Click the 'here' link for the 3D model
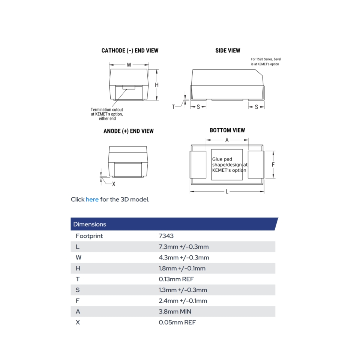[x=92, y=199]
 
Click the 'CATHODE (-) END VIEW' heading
[x=130, y=51]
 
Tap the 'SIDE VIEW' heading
[x=228, y=51]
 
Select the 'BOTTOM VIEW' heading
[x=227, y=130]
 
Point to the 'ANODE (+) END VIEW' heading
[x=128, y=131]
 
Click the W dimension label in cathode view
[x=129, y=65]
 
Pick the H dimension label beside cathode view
[x=157, y=85]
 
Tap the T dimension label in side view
[x=173, y=107]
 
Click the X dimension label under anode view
[x=114, y=184]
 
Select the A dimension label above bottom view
[x=227, y=140]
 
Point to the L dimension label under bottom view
[x=227, y=192]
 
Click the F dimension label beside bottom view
[x=273, y=165]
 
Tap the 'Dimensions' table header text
[x=90, y=224]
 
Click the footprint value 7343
[x=166, y=236]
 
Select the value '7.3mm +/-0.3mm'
[x=184, y=247]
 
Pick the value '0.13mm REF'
[x=176, y=279]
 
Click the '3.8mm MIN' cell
[x=175, y=312]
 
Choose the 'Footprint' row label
[x=89, y=236]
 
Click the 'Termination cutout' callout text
[x=107, y=110]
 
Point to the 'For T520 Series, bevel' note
[x=266, y=59]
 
